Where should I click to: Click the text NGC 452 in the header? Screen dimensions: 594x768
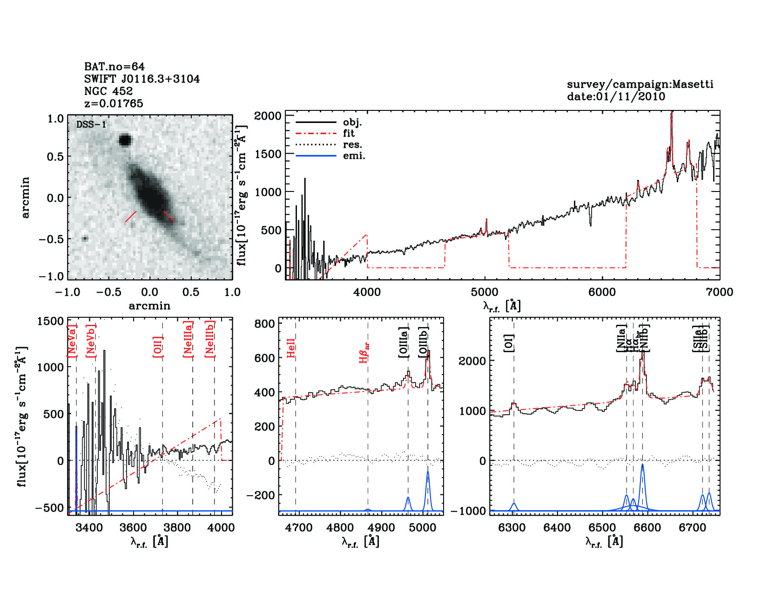pos(108,91)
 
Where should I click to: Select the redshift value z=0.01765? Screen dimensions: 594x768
pos(114,103)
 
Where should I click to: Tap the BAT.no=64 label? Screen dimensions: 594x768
pos(115,67)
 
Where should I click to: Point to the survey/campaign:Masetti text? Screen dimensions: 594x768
pos(640,84)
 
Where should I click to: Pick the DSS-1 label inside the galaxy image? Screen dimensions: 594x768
pos(91,125)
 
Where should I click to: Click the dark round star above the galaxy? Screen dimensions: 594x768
pos(125,140)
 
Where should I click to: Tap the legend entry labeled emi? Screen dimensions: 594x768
pos(354,156)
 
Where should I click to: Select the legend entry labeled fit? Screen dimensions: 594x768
pos(349,133)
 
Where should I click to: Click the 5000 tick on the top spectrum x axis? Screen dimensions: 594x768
pos(485,292)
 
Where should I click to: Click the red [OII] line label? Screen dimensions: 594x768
pos(158,347)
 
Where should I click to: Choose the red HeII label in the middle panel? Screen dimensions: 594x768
pos(291,348)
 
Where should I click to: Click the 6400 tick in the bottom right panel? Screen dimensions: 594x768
pos(557,528)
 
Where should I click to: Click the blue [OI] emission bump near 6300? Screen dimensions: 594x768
pos(514,504)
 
